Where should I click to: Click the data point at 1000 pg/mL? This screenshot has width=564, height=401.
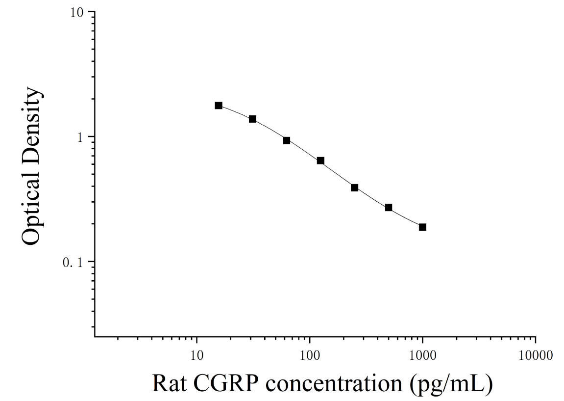[x=423, y=227]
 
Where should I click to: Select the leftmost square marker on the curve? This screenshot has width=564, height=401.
[x=219, y=106]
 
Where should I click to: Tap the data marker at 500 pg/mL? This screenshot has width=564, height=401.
[x=389, y=208]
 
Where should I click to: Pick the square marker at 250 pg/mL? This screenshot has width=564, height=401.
[x=355, y=187]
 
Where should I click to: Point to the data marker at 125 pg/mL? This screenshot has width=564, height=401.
[x=320, y=160]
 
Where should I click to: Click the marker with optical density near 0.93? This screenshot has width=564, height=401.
[x=287, y=140]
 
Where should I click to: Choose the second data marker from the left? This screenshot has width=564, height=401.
[x=252, y=119]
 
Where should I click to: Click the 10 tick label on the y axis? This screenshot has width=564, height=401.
[x=76, y=13]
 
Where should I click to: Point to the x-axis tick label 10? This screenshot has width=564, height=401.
[x=197, y=355]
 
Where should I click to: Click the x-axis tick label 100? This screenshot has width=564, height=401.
[x=310, y=355]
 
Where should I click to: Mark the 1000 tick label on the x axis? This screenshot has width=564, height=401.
[x=423, y=355]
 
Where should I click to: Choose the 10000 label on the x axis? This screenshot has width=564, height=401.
[x=536, y=355]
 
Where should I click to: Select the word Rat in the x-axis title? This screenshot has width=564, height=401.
[x=170, y=383]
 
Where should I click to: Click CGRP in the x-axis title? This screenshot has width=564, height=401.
[x=226, y=383]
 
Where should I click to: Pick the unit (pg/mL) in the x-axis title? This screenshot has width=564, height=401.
[x=451, y=384]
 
